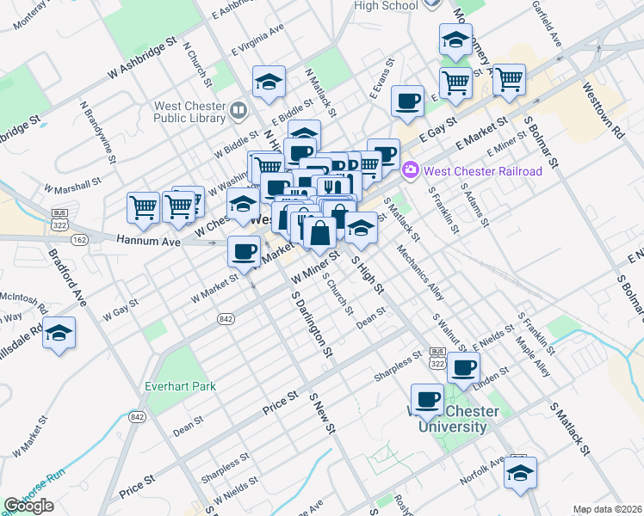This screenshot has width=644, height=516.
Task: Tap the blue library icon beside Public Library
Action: tap(238, 109)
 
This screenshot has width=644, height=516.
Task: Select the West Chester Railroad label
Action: tap(482, 171)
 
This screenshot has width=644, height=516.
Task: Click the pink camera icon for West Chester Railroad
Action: tap(410, 170)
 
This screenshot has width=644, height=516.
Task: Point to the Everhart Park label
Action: tap(180, 386)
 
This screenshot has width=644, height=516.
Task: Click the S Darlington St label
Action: tap(312, 323)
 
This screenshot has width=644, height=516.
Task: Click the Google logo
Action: tap(28, 506)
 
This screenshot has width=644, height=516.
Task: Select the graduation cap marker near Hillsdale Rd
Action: tap(59, 334)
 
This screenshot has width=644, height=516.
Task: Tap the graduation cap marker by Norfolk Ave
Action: tap(520, 472)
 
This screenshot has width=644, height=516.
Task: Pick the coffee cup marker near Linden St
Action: tap(463, 367)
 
